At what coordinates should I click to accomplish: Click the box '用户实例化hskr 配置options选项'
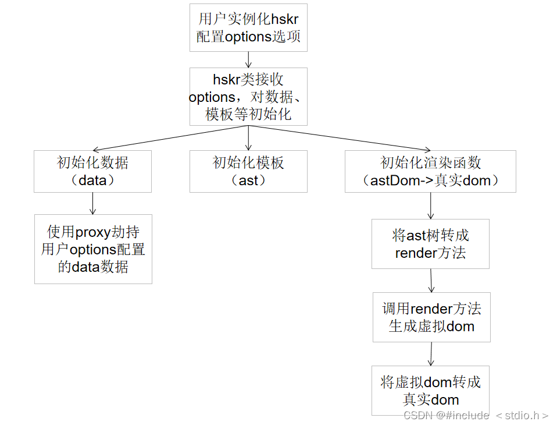[x=248, y=27]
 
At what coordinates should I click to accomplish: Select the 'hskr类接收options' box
[x=248, y=97]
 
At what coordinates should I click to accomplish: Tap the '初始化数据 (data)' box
[x=93, y=171]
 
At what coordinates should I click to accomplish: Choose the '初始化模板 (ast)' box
[x=248, y=171]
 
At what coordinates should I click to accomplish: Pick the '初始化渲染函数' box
[x=430, y=171]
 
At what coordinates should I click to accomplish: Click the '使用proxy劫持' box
[x=93, y=249]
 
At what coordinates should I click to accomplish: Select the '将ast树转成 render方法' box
[x=430, y=244]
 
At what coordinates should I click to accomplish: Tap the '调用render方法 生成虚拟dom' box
[x=431, y=317]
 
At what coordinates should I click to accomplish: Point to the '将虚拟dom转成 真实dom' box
[x=430, y=391]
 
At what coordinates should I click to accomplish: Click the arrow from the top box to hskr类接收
[x=248, y=59]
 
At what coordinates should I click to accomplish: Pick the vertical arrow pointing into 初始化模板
[x=248, y=138]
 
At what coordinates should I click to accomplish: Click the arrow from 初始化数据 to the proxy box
[x=92, y=203]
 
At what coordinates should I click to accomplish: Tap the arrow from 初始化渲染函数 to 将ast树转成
[x=430, y=206]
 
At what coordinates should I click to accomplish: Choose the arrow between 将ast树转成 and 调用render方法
[x=431, y=281]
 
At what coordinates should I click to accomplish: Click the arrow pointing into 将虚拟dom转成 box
[x=431, y=354]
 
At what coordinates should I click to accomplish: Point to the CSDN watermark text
[x=476, y=415]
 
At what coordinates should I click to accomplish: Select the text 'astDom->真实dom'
[x=430, y=180]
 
